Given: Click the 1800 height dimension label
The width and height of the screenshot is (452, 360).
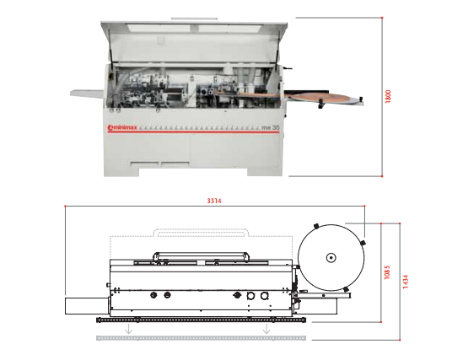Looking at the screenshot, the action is (388, 97).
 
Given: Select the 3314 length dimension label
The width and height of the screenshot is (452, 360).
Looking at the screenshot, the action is (214, 201).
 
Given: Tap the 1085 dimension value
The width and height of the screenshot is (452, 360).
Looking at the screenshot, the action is (387, 272).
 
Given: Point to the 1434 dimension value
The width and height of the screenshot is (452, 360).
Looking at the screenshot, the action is (406, 282).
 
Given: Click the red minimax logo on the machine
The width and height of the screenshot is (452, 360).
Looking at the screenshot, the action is (122, 127).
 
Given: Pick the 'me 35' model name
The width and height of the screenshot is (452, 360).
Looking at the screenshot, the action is (271, 127).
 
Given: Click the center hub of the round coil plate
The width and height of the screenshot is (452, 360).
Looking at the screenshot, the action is (331, 257).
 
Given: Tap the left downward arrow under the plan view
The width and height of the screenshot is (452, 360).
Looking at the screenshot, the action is (128, 329).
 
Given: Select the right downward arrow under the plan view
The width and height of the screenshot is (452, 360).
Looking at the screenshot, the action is (266, 329).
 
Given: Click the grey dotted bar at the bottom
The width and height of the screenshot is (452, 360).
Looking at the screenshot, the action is (201, 338).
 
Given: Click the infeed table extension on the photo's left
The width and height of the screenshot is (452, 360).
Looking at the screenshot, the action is (87, 94).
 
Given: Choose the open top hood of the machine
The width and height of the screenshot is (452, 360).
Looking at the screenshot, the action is (194, 42).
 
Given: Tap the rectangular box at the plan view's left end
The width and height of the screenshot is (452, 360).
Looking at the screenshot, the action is (87, 306).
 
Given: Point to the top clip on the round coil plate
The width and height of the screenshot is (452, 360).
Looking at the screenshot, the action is (316, 226).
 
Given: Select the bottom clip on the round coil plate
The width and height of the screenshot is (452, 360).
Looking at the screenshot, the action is (346, 289).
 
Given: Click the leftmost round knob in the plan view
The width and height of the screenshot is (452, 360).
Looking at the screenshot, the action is (153, 295).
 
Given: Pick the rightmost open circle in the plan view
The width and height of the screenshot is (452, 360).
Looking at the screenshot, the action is (264, 296).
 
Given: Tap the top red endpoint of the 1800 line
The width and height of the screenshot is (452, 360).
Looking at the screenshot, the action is (382, 18).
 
